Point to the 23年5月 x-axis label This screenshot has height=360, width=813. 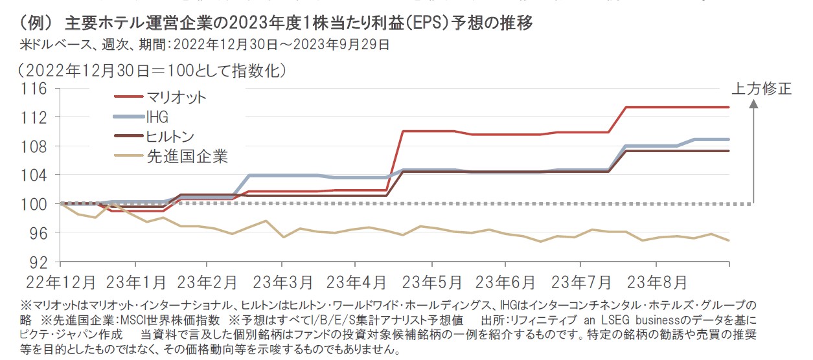[x=431, y=283]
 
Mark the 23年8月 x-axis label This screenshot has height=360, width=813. [x=656, y=283]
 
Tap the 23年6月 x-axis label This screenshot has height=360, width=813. [x=505, y=283]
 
